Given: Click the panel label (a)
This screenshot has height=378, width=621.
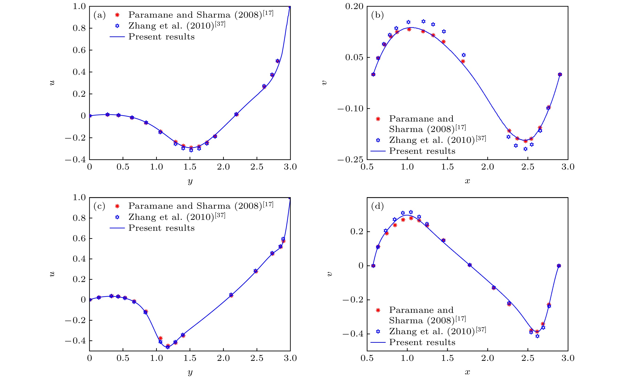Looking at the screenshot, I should point(99,15).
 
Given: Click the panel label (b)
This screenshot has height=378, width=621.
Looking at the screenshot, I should point(377,15).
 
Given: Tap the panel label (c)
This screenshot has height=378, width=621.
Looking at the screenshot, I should point(99,206).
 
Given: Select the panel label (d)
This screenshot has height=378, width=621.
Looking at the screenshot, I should point(377,206).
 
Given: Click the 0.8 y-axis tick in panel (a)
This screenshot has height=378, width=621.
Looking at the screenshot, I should point(79,28).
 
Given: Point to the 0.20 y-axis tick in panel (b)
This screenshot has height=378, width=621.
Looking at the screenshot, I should point(354,6).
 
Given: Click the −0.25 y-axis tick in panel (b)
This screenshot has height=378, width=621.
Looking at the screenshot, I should point(350,160).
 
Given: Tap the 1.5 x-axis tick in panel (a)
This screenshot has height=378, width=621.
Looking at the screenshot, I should point(190,167).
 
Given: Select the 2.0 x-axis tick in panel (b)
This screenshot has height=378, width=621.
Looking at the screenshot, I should point(487,167).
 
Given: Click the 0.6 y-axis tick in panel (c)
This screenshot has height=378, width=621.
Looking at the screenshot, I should point(79,238).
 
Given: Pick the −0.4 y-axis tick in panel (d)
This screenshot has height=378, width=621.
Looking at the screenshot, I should point(353,334).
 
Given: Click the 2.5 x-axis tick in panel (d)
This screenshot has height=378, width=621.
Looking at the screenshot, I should point(528,358).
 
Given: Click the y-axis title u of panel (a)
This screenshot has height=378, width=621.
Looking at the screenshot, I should point(52,83).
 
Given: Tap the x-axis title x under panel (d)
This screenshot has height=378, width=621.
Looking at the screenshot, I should point(467,372).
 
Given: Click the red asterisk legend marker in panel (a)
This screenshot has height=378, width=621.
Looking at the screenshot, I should point(117,15).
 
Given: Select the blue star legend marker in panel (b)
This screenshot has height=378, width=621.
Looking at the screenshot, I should point(378,140).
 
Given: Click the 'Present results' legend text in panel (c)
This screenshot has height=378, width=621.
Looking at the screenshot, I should point(161,228).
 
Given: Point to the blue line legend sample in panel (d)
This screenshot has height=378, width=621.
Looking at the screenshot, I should point(378,343).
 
